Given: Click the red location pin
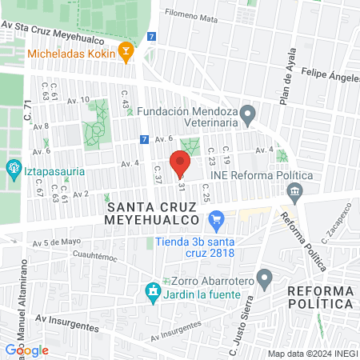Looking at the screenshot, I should click(x=180, y=162).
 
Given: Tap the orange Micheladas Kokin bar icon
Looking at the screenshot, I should click(x=126, y=53).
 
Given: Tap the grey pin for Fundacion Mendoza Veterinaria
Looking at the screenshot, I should click(x=248, y=117).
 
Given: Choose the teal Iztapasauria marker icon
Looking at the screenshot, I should click(x=13, y=169).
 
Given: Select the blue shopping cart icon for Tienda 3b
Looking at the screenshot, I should click(x=215, y=218).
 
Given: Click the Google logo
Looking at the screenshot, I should click(x=26, y=350).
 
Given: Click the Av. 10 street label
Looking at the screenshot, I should click(x=78, y=100).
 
